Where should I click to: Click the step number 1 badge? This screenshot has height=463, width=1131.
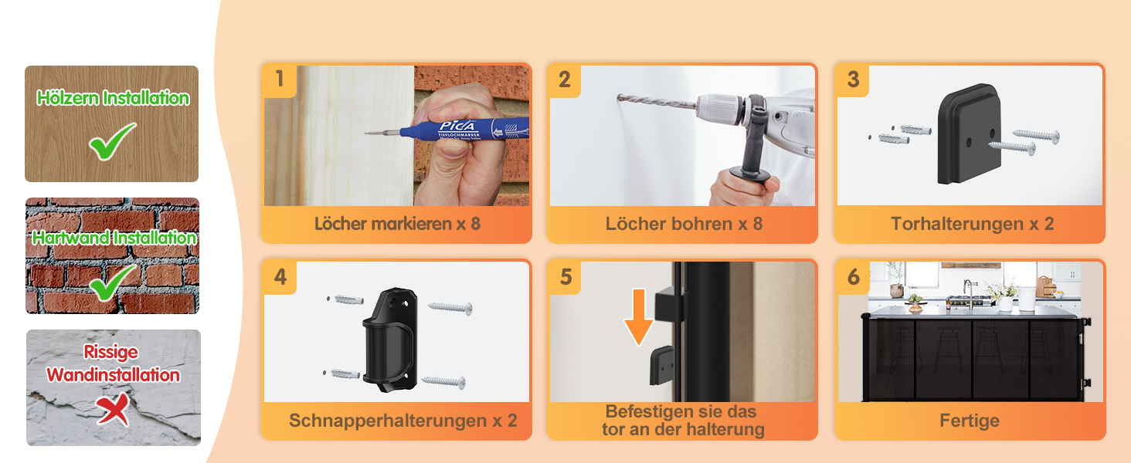pos(279,79)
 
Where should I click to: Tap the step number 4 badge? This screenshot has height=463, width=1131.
pos(280,277)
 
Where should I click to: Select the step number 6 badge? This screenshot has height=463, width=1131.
pos(854,277)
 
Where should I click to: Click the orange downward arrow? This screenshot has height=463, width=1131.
pos(639,316)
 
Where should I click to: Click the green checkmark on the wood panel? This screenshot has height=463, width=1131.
pos(112,142)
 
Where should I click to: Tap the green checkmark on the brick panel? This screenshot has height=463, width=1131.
pos(112,283)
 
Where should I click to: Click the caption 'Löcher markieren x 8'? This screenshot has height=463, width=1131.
pos(397,224)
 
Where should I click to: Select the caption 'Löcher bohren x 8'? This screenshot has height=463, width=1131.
pos(684,224)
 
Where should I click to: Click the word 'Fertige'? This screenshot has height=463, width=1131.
pos(970,420)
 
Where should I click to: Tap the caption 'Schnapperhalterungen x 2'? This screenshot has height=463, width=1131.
pos(403,420)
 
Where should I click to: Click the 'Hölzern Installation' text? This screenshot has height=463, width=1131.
pos(113,98)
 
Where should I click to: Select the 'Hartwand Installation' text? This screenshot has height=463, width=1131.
pos(114,238)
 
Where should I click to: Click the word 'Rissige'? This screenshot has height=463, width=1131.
pos(110,352)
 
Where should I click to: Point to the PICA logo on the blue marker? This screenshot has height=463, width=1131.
pos(457,126)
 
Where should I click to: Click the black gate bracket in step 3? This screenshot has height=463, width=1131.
pos(970,134)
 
